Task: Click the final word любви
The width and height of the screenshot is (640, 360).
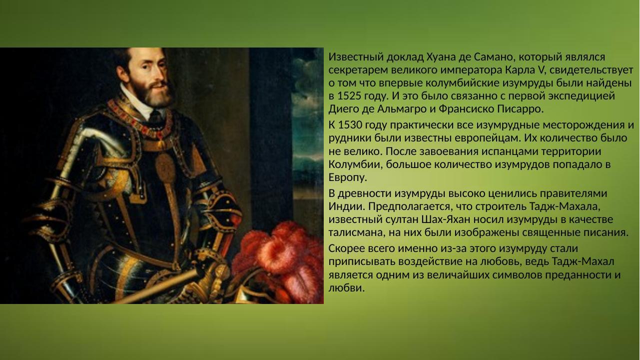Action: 346,288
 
